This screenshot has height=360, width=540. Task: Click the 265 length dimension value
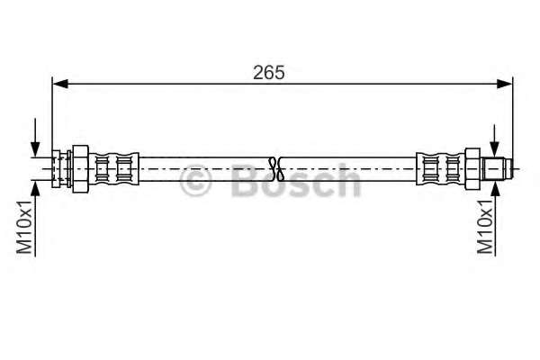[268, 73]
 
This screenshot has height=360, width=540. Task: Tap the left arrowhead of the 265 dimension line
[60, 84]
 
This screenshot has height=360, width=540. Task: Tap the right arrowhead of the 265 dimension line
[505, 84]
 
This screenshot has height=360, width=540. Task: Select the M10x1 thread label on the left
[24, 227]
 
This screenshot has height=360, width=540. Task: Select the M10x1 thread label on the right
[485, 227]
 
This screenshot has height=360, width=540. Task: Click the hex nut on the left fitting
[81, 169]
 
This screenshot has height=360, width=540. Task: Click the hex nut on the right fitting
[472, 169]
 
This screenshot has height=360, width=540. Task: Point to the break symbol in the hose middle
[276, 169]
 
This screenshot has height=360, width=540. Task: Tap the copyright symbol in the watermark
[195, 181]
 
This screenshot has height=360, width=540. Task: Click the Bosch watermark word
[296, 180]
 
